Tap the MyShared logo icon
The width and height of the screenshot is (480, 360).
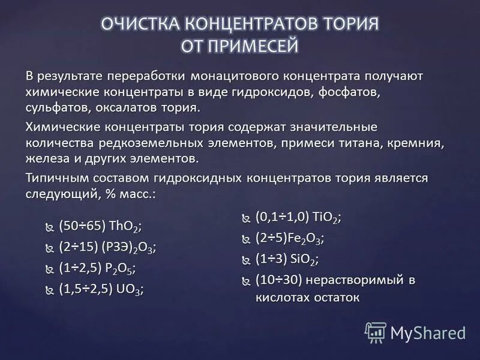[376, 332]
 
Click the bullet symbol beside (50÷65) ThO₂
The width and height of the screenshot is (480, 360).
[49, 227]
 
